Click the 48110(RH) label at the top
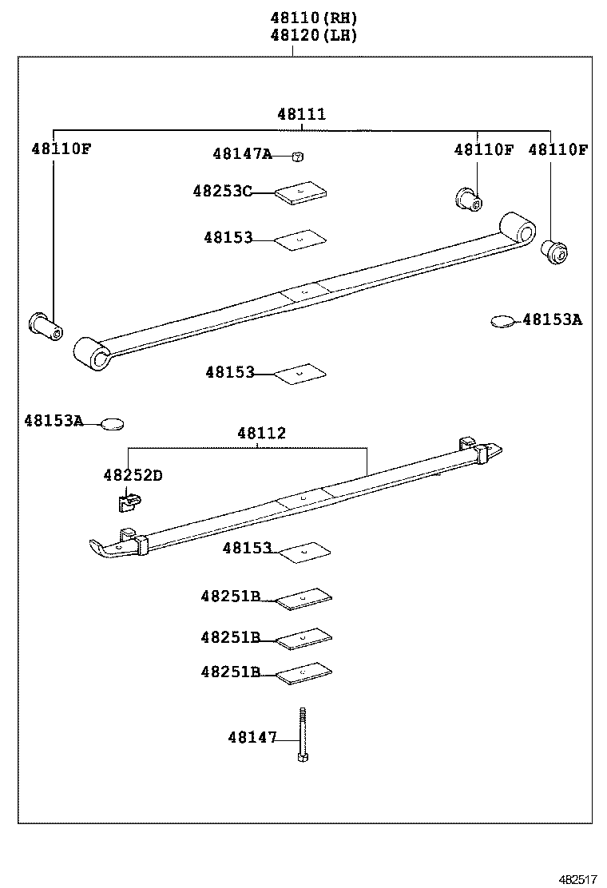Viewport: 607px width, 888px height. pyautogui.click(x=313, y=18)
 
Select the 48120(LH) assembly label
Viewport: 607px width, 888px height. pyautogui.click(x=313, y=35)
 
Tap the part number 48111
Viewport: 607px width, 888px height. pyautogui.click(x=301, y=114)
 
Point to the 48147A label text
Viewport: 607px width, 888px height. pyautogui.click(x=242, y=154)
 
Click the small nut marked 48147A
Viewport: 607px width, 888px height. pyautogui.click(x=296, y=157)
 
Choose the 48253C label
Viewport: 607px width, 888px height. pyautogui.click(x=222, y=191)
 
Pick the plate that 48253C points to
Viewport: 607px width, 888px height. pyautogui.click(x=301, y=193)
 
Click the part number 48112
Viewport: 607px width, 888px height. pyautogui.click(x=260, y=434)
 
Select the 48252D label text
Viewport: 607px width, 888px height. pyautogui.click(x=132, y=475)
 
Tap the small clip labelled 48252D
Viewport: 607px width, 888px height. pyautogui.click(x=127, y=501)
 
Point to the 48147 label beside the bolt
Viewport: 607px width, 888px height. pyautogui.click(x=252, y=738)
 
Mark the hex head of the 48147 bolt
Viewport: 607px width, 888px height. pyautogui.click(x=303, y=755)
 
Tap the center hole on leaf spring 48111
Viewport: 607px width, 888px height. pyautogui.click(x=304, y=291)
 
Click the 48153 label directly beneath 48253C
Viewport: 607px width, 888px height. pyautogui.click(x=228, y=237)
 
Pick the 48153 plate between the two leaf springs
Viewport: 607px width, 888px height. pyautogui.click(x=300, y=372)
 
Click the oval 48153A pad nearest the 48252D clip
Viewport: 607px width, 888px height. pyautogui.click(x=113, y=423)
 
